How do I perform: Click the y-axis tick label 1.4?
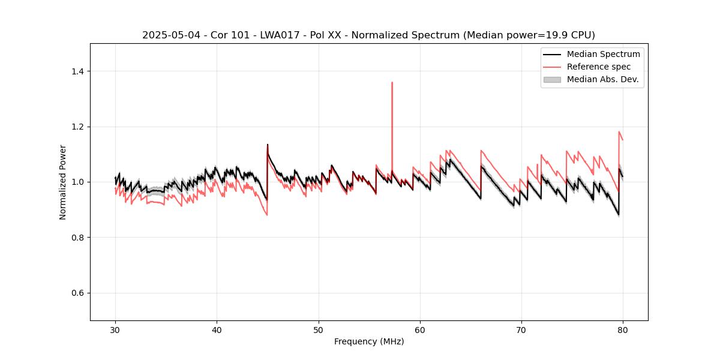tap(77, 71)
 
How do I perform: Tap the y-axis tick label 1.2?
tap(77, 127)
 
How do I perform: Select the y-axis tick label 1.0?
tap(77, 182)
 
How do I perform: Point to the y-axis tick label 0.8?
tap(77, 238)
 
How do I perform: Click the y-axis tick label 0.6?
tap(77, 293)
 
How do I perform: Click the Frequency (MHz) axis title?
tap(369, 341)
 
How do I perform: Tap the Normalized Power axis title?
tap(63, 182)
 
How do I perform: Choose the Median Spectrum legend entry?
tap(603, 54)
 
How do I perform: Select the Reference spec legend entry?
tap(599, 67)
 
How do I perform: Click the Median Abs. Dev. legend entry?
tap(602, 79)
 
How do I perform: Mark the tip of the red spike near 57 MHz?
tap(392, 82)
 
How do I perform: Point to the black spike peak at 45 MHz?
tap(267, 145)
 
